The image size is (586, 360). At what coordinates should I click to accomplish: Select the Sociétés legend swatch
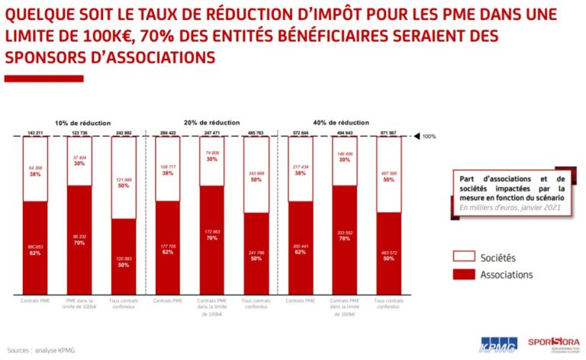(468, 257)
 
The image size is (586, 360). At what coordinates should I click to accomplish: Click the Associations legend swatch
(468, 275)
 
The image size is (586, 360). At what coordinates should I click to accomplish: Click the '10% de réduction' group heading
(82, 123)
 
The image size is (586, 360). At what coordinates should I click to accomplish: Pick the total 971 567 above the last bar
(388, 133)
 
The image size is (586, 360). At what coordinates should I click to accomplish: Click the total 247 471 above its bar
(213, 133)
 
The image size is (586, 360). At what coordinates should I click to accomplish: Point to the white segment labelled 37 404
(80, 161)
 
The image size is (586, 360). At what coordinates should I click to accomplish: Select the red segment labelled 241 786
(256, 254)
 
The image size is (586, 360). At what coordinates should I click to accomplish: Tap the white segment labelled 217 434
(300, 169)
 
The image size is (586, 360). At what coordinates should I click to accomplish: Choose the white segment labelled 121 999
(124, 178)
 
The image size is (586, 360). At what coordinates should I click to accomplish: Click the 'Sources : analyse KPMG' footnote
(42, 351)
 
